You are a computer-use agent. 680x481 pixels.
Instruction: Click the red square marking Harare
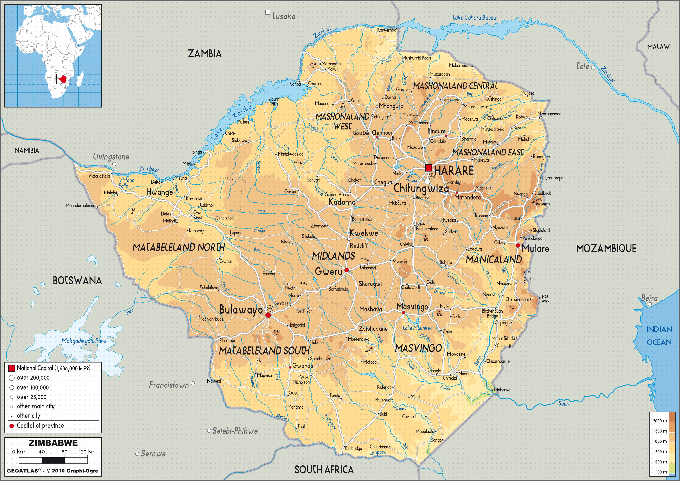click(428, 168)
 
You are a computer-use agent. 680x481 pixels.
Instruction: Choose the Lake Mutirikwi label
click(418, 328)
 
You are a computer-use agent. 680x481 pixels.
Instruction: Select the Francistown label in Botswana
click(168, 385)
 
